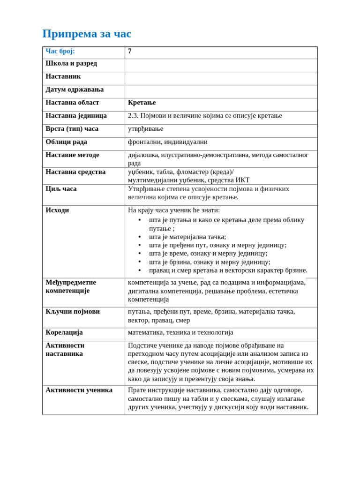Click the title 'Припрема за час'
87,34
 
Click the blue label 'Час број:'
60,51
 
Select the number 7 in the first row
130,51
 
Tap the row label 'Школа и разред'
71,63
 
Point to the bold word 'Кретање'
142,103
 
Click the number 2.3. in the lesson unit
133,116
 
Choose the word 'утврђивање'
145,129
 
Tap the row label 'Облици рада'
66,142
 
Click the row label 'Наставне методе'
72,155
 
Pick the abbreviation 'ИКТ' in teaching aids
242,180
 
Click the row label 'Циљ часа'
61,189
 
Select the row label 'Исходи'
57,210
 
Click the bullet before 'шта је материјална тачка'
140,237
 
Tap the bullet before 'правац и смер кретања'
140,270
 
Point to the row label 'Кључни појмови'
73,312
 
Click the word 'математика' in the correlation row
146,332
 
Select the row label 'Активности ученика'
79,390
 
